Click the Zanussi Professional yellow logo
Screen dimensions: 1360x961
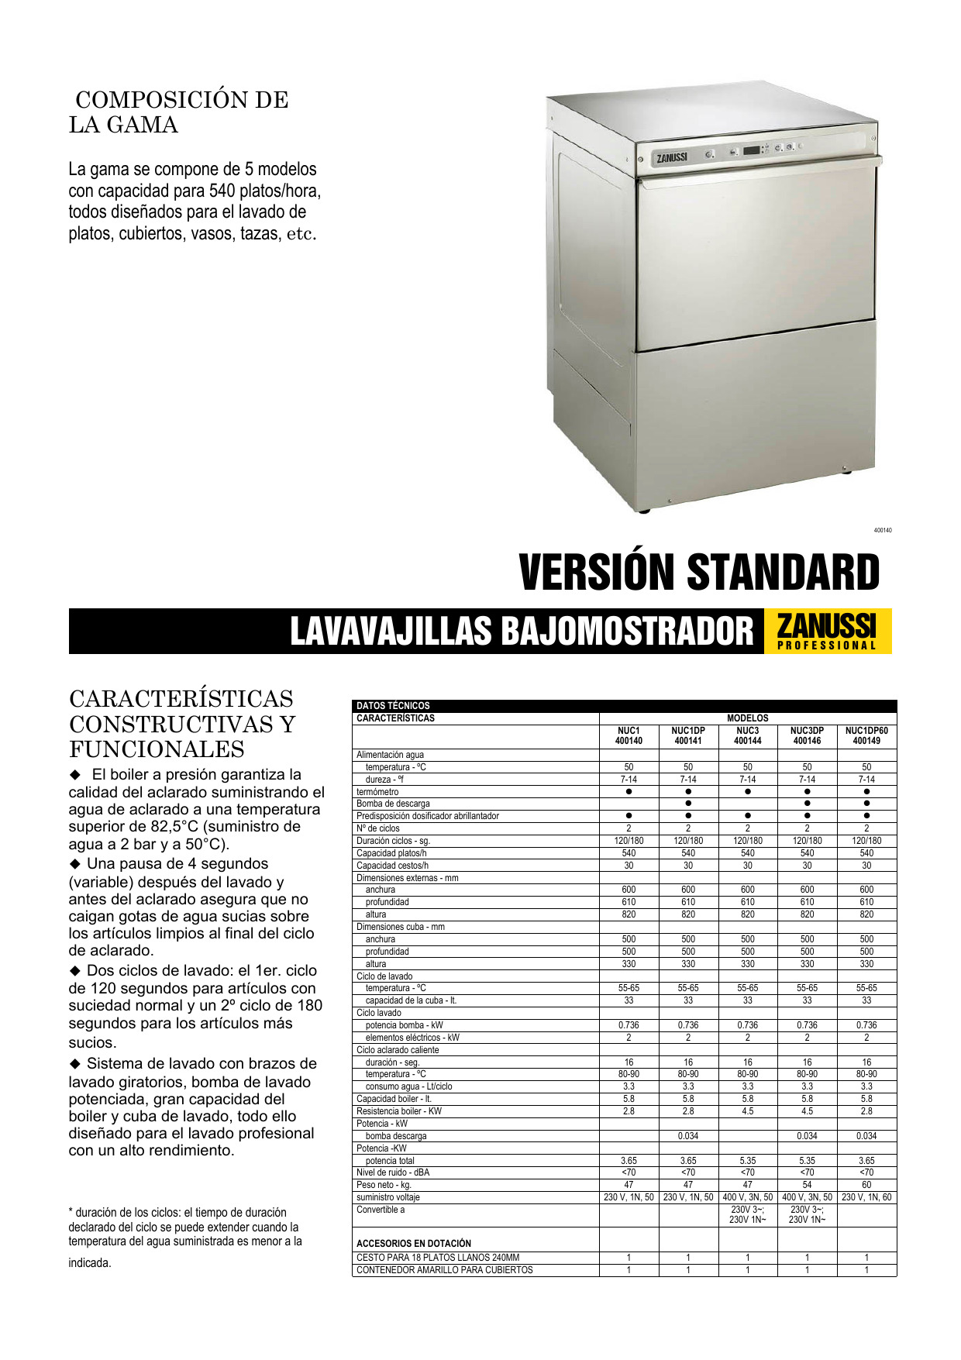tap(827, 631)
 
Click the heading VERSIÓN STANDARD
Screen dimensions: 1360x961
tap(699, 573)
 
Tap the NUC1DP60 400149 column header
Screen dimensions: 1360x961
tap(866, 735)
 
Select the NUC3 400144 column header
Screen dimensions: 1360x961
tap(747, 735)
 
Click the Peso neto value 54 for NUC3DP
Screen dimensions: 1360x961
tap(807, 1185)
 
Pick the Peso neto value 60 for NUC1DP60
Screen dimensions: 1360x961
tap(866, 1185)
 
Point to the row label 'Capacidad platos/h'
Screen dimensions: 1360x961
tap(391, 853)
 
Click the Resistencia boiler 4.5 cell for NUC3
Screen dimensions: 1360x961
tap(747, 1111)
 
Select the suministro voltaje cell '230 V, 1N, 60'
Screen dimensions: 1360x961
tap(866, 1197)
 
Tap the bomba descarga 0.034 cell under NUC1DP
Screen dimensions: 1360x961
tap(688, 1136)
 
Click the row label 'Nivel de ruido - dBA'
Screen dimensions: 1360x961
tap(393, 1172)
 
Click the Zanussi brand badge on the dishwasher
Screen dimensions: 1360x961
tap(672, 157)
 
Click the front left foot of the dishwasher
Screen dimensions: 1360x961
tap(643, 510)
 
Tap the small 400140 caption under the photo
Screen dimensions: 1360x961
tap(883, 530)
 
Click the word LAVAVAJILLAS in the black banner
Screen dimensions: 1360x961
tap(391, 631)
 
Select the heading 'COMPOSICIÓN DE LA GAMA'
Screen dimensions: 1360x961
tap(178, 112)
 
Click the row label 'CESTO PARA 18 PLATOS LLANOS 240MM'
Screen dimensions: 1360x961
tap(438, 1258)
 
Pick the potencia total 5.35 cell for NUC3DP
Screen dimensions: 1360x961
tap(807, 1161)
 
